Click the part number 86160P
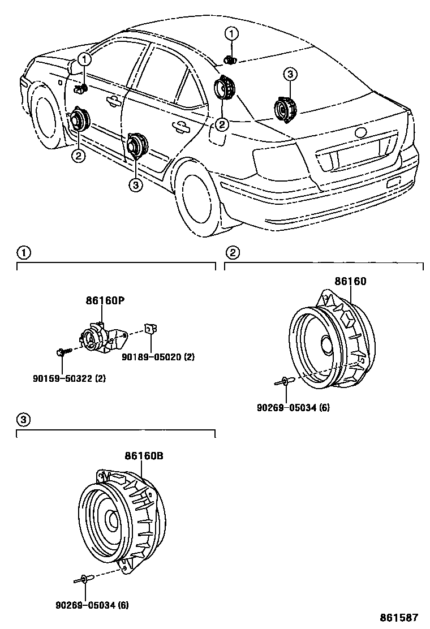pos(104,300)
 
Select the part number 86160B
pos(144,456)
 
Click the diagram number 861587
pos(399,617)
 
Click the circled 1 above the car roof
pos(231,33)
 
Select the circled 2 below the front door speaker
pos(78,155)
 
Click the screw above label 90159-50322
pos(63,352)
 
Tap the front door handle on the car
pos(113,101)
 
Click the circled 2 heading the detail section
pos(232,253)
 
